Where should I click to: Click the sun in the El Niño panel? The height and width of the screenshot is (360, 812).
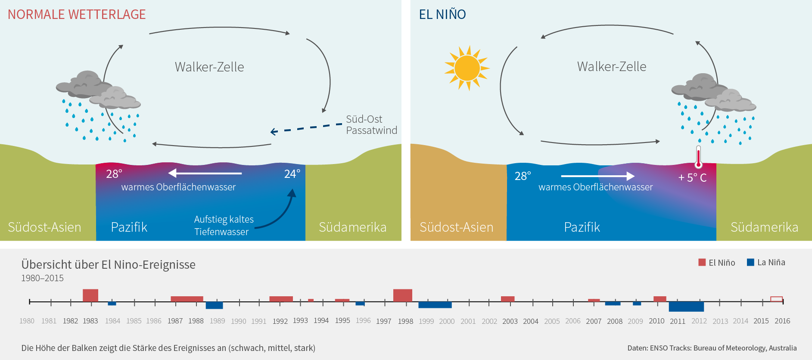pyautogui.click(x=467, y=68)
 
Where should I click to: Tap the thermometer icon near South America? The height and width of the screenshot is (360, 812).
pyautogui.click(x=698, y=157)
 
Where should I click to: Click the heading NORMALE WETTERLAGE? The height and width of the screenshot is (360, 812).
pyautogui.click(x=77, y=15)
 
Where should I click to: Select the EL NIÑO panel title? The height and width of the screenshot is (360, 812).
pyautogui.click(x=442, y=15)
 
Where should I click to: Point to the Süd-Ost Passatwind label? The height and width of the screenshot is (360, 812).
pyautogui.click(x=371, y=125)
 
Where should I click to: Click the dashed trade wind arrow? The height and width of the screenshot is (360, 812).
pyautogui.click(x=306, y=128)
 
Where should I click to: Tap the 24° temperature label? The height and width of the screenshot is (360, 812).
pyautogui.click(x=292, y=174)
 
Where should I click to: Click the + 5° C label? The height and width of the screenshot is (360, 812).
pyautogui.click(x=692, y=178)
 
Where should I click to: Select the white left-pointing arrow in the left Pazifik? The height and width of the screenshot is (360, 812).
pyautogui.click(x=205, y=173)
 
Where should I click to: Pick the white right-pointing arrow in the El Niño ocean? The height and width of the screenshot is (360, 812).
pyautogui.click(x=597, y=176)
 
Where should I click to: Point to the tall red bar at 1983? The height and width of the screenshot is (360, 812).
pyautogui.click(x=90, y=295)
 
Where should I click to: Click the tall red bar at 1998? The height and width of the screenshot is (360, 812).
pyautogui.click(x=403, y=295)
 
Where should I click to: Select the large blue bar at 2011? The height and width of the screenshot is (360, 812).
pyautogui.click(x=686, y=307)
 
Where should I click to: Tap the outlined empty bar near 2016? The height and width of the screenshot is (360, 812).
pyautogui.click(x=776, y=299)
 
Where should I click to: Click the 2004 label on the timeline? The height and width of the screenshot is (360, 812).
pyautogui.click(x=531, y=321)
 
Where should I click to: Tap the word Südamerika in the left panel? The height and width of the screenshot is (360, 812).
pyautogui.click(x=352, y=227)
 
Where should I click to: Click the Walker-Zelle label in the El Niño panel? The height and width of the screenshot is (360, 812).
pyautogui.click(x=612, y=67)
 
